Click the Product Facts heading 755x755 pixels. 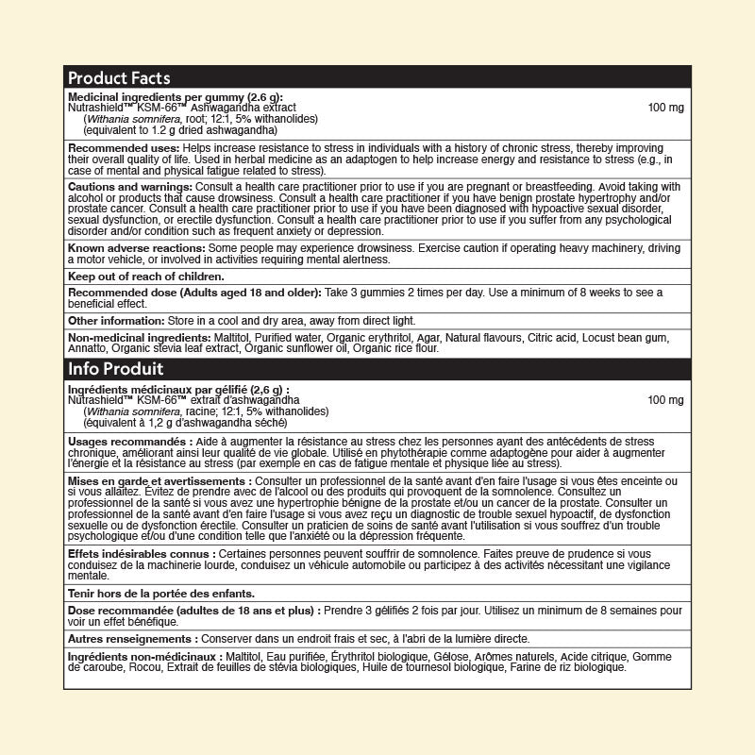119,78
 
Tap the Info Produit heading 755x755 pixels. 115,369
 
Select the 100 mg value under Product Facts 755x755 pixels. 666,108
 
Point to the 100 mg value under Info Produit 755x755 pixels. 666,400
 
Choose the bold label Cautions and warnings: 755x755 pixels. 130,187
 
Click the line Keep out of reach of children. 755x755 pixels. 146,277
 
